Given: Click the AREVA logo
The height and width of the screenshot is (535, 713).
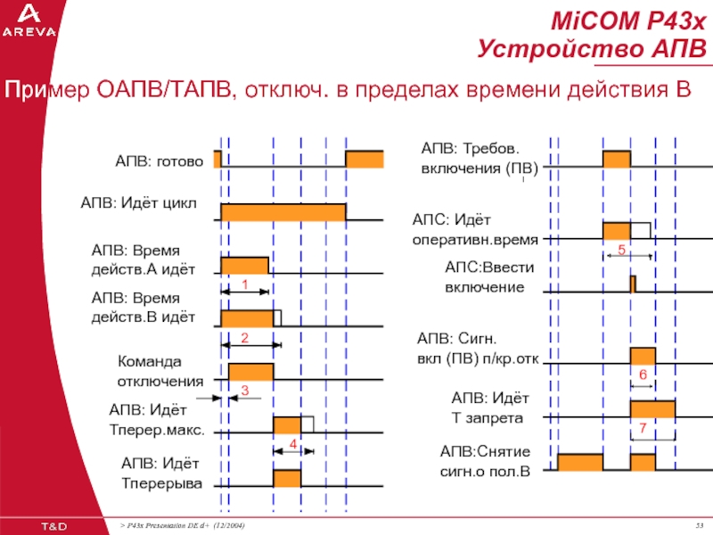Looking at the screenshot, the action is point(29,21).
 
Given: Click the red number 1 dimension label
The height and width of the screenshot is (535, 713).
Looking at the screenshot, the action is point(244,284).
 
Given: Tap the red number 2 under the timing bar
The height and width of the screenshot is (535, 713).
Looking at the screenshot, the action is point(244,338).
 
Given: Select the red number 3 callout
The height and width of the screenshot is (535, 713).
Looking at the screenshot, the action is point(245,390).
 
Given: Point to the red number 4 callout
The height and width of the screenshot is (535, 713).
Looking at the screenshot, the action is point(293,444).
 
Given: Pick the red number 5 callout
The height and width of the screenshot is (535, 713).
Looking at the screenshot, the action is point(621,250).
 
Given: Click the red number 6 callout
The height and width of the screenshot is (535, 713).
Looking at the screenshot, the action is point(643,374).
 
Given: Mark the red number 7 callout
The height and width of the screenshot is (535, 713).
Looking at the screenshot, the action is point(643,428).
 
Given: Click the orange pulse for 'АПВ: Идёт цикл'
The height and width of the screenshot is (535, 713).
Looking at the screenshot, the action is point(283,212).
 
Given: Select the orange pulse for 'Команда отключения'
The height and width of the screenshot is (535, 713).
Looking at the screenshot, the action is point(251,372).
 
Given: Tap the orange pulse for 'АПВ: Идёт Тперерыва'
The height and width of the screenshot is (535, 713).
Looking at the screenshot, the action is point(287,478).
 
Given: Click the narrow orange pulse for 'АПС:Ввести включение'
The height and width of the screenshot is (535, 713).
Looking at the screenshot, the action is point(633,284).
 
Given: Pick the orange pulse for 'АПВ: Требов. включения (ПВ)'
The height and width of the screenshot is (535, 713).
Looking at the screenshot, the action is point(617,159).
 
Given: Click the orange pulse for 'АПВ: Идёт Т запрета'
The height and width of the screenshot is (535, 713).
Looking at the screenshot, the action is point(652,408).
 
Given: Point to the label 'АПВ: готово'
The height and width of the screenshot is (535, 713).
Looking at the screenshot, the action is point(160,161).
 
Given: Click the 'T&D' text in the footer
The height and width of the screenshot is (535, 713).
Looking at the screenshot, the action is point(54,526).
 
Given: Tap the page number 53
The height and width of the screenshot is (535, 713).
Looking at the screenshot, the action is point(700,526).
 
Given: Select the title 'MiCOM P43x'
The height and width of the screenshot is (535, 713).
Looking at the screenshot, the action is point(629,21).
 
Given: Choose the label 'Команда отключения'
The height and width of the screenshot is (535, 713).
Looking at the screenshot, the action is point(160,371).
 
